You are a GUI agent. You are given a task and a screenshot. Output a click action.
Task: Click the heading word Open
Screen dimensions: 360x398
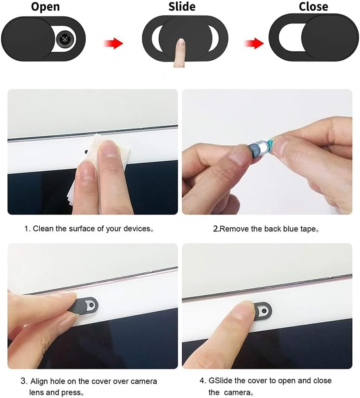pos(46,7)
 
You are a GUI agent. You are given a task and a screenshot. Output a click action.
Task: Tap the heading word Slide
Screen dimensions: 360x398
pos(182,7)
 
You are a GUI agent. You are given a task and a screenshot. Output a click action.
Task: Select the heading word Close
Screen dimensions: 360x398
pos(313,7)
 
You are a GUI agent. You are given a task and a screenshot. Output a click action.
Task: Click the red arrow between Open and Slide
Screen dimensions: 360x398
pos(113,43)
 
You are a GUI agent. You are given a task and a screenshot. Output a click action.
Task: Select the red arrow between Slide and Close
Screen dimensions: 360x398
pos(254,43)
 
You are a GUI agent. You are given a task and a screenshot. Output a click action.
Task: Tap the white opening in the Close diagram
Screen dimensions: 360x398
pos(290,37)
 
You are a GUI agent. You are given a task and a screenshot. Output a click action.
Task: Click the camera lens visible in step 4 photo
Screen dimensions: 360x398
pos(264,311)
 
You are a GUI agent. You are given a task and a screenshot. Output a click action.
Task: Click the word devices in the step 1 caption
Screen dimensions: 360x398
pos(137,228)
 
